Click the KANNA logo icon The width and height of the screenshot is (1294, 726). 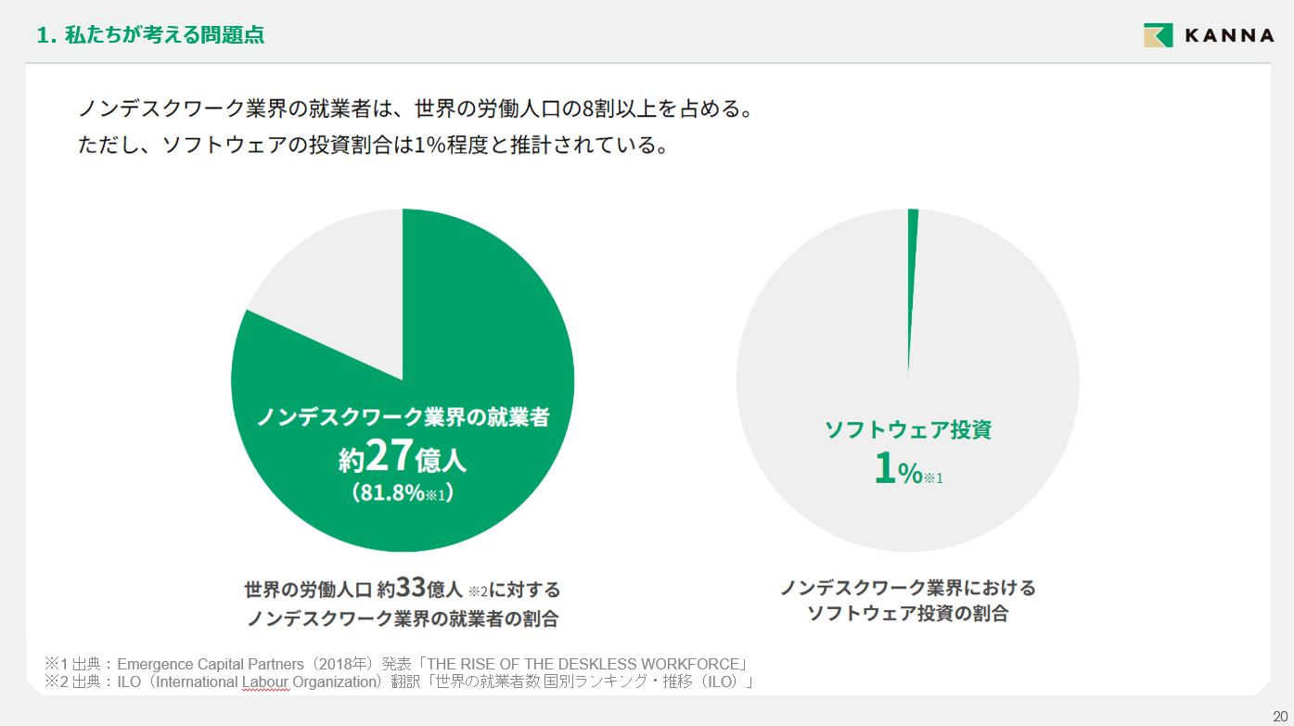point(1159,35)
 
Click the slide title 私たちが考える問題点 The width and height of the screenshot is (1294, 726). point(163,35)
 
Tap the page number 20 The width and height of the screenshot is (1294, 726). point(1280,715)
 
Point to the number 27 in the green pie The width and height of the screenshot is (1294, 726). point(389,455)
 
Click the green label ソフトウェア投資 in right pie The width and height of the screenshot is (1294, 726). point(908,429)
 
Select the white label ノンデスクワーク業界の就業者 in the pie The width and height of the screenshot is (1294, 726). point(403,417)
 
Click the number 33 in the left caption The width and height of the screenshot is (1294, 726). point(410,588)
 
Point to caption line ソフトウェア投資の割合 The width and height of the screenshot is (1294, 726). point(907,613)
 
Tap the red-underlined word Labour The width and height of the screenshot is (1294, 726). point(265,683)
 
